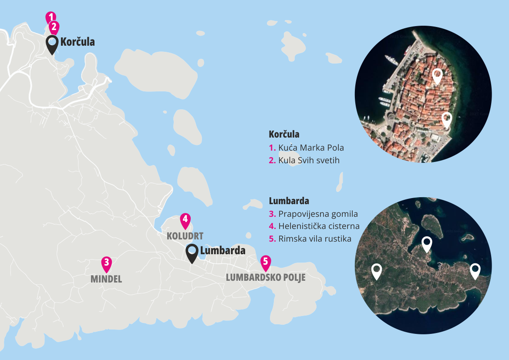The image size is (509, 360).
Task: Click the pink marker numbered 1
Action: tap(51, 17)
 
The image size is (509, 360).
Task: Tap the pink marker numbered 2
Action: tap(54, 27)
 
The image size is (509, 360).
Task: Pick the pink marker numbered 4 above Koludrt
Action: tap(185, 220)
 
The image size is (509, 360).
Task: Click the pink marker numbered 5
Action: tap(266, 262)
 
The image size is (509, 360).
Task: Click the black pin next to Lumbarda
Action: tap(192, 253)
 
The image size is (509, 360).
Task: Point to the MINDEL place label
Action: tap(106, 279)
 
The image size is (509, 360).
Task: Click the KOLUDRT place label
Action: tap(185, 236)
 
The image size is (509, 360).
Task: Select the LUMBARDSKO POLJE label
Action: tap(266, 278)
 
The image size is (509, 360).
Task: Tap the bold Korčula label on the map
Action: tap(78, 42)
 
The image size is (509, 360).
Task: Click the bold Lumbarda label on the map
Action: tap(222, 251)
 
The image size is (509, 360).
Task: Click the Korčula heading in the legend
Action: tap(284, 135)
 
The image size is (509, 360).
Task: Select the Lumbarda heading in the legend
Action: tap(289, 201)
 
